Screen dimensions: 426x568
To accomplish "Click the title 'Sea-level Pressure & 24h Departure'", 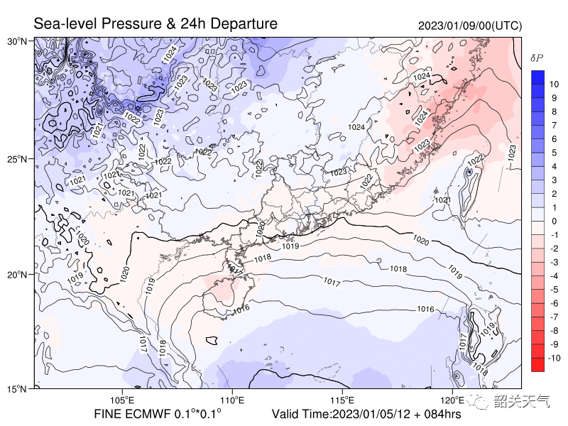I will coord(155,24).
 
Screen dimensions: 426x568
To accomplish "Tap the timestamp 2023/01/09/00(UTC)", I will coord(470,26).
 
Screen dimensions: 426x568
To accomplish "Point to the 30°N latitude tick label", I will coord(18,42).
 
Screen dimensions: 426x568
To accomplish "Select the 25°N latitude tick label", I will coord(18,158).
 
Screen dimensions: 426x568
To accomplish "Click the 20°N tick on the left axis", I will coord(18,274).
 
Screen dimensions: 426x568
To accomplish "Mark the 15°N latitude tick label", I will coord(18,389).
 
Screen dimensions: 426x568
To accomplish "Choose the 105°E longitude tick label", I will coord(123,400).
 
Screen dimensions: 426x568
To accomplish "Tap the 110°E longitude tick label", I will coord(233,400).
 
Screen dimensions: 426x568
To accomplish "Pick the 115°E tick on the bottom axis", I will coord(343,400).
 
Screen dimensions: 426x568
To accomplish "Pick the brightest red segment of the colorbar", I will coord(537,364).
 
